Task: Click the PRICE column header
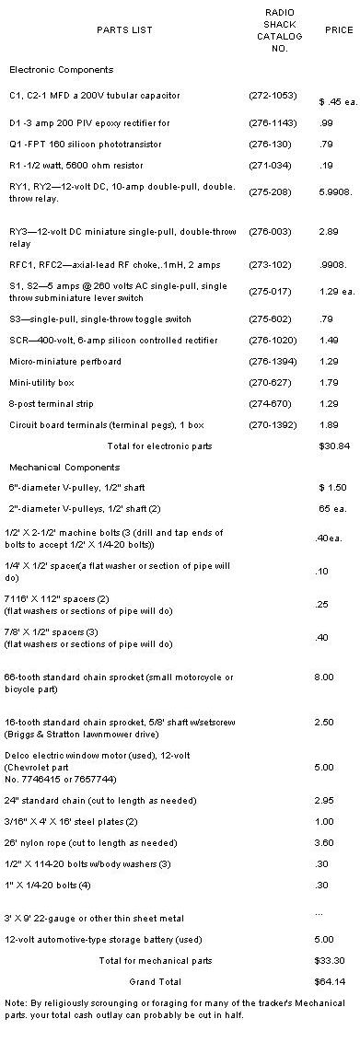coord(338,30)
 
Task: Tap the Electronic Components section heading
coord(61,70)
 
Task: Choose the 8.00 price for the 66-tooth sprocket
coord(323,677)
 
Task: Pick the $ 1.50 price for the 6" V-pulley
coord(331,486)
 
